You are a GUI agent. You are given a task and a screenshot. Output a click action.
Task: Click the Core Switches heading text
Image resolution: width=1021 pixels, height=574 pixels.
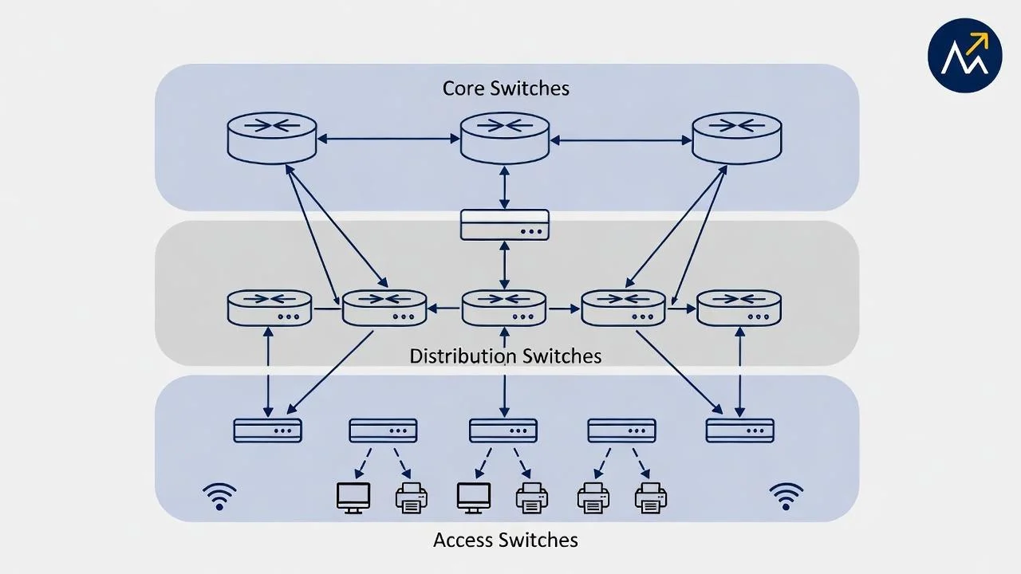coord(506,88)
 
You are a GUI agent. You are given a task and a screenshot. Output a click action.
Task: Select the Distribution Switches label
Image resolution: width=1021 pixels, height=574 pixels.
coord(505,356)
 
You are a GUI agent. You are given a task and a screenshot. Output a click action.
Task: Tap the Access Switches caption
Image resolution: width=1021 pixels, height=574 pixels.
coord(505,540)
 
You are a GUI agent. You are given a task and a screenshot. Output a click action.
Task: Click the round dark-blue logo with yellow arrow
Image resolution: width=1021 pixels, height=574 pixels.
coord(964,56)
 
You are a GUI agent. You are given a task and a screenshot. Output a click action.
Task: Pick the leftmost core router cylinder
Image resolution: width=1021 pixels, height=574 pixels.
coord(272,138)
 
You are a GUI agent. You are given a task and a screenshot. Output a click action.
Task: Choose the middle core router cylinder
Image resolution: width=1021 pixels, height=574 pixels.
coord(505,138)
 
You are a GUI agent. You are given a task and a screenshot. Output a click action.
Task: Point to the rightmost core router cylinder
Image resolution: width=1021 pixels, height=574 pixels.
coord(736,138)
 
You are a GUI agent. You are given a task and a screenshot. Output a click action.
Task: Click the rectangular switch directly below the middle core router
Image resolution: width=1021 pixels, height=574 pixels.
coord(505,224)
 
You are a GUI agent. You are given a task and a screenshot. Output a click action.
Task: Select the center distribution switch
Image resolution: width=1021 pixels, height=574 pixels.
coord(504,308)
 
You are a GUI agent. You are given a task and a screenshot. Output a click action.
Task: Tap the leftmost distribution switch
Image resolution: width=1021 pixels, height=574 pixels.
coord(270,308)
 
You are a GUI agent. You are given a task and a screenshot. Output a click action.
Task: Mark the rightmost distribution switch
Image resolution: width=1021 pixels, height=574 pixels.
coord(739,308)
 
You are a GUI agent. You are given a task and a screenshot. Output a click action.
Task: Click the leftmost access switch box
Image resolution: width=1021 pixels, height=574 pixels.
coord(267,431)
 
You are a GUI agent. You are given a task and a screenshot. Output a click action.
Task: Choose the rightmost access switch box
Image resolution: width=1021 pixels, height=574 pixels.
coord(739,431)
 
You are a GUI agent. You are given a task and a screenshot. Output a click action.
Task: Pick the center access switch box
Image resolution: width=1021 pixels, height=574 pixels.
coord(503,431)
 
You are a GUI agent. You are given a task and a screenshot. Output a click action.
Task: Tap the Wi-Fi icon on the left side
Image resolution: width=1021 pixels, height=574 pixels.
coord(219,496)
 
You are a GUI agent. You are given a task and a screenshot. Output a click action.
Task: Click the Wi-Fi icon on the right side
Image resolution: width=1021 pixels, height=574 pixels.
coord(786,496)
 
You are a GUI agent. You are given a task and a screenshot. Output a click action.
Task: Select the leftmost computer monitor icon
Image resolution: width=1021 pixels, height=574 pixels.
coord(353,497)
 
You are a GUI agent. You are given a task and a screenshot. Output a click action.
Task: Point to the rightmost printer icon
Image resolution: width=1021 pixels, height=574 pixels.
coord(651,497)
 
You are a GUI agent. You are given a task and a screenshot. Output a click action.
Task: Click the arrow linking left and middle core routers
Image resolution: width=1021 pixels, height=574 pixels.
coord(388,139)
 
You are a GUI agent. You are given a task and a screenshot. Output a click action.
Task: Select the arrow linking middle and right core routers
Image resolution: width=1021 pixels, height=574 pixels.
coord(621,140)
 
